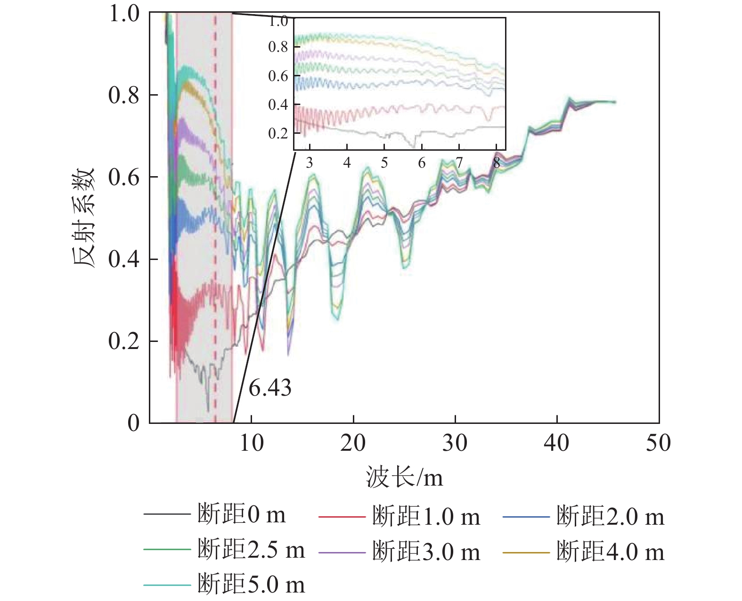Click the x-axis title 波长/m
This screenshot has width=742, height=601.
point(405,477)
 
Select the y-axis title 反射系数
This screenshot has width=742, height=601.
point(85,218)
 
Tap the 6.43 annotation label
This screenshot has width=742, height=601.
point(270,388)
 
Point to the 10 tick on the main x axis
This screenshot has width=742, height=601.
point(252,443)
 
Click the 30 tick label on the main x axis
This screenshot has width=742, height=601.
point(455,443)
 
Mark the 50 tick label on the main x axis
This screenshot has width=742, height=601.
point(658,443)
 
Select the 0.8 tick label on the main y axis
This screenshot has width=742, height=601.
point(123,95)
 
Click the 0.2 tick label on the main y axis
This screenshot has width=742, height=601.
point(123,341)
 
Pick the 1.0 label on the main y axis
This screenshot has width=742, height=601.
point(123,14)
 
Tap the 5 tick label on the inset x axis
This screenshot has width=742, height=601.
point(384,163)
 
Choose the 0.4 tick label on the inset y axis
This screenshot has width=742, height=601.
point(278,105)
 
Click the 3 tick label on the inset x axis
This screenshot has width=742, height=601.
point(309,163)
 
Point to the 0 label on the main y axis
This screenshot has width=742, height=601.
point(134,423)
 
